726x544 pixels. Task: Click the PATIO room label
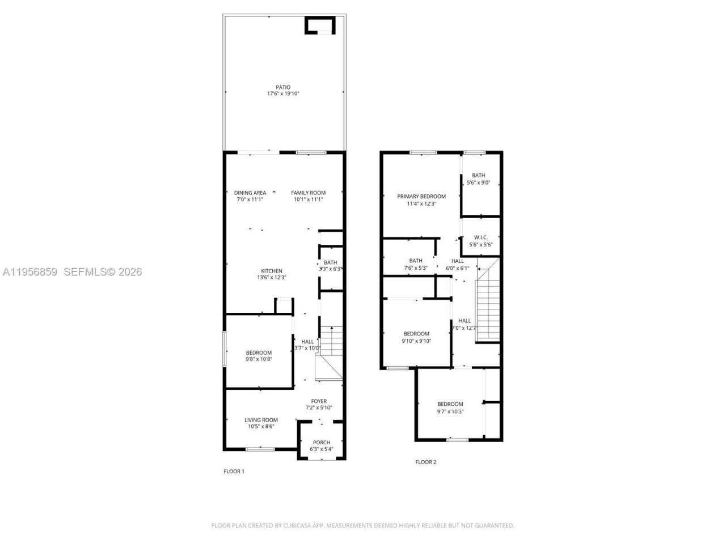pyautogui.click(x=283, y=87)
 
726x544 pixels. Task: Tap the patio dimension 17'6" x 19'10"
pyautogui.click(x=283, y=94)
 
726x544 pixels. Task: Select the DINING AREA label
pyautogui.click(x=250, y=193)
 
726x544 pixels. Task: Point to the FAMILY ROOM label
pyautogui.click(x=309, y=193)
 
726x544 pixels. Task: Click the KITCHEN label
pyautogui.click(x=271, y=271)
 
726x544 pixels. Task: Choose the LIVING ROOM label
pyautogui.click(x=261, y=420)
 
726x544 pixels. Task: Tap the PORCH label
pyautogui.click(x=322, y=443)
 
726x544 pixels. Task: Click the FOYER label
pyautogui.click(x=319, y=401)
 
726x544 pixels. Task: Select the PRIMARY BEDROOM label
pyautogui.click(x=421, y=197)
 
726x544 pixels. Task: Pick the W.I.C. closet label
pyautogui.click(x=481, y=237)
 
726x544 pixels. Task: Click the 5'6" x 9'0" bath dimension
pyautogui.click(x=478, y=183)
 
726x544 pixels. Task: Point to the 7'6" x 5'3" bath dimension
pyautogui.click(x=416, y=268)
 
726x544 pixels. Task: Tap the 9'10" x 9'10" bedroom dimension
pyautogui.click(x=416, y=341)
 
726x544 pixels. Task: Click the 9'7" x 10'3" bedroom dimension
pyautogui.click(x=450, y=411)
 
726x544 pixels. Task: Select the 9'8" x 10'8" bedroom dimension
pyautogui.click(x=259, y=359)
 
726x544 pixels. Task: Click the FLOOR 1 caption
pyautogui.click(x=234, y=471)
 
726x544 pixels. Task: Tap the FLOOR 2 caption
pyautogui.click(x=426, y=462)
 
